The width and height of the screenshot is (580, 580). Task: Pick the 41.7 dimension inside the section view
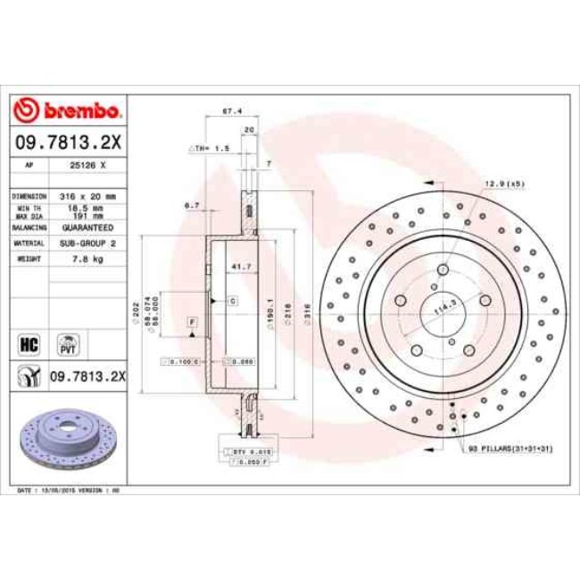[x=239, y=267]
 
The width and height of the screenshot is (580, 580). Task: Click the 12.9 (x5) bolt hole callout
[x=505, y=184]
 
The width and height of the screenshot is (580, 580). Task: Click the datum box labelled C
[x=231, y=302]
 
